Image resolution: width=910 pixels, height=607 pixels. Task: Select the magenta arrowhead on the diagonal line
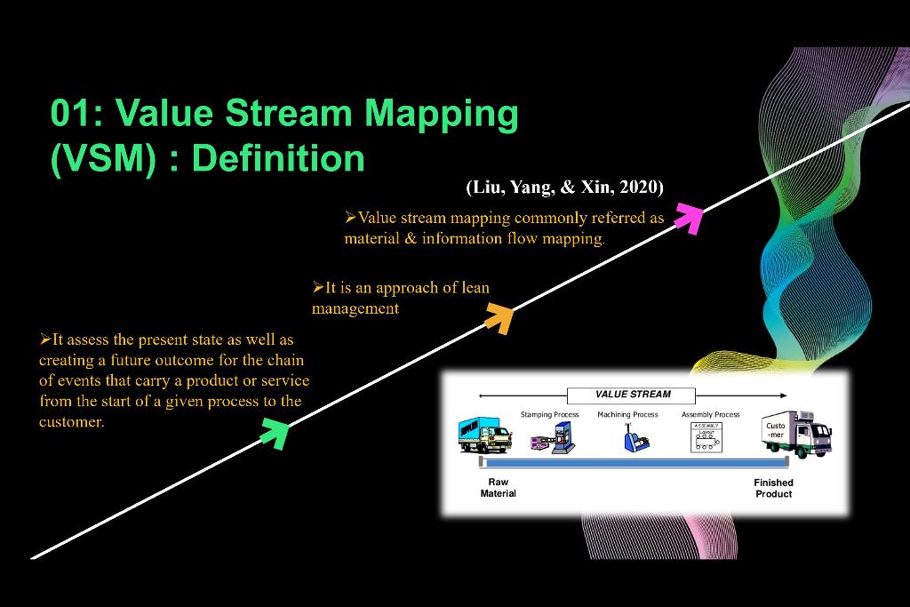tap(688, 216)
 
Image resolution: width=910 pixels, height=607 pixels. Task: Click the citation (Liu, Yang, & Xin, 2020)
tap(564, 187)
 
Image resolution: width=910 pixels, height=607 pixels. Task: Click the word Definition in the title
tap(277, 158)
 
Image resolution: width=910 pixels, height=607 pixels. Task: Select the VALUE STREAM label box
tap(632, 395)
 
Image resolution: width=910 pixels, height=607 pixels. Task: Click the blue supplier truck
tap(485, 435)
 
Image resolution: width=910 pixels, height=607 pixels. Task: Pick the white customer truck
tap(797, 434)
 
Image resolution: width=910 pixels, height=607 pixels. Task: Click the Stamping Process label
tap(549, 414)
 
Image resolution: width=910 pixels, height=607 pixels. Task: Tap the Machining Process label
tap(627, 414)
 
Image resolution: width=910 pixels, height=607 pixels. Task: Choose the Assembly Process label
tap(710, 414)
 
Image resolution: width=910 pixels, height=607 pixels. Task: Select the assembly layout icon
tap(707, 436)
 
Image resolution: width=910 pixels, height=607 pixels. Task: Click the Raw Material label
tap(498, 488)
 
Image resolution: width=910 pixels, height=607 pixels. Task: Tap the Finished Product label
tap(773, 488)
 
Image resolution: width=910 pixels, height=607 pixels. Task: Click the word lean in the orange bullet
tap(470, 288)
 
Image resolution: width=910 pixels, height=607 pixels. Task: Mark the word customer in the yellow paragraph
tap(71, 422)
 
